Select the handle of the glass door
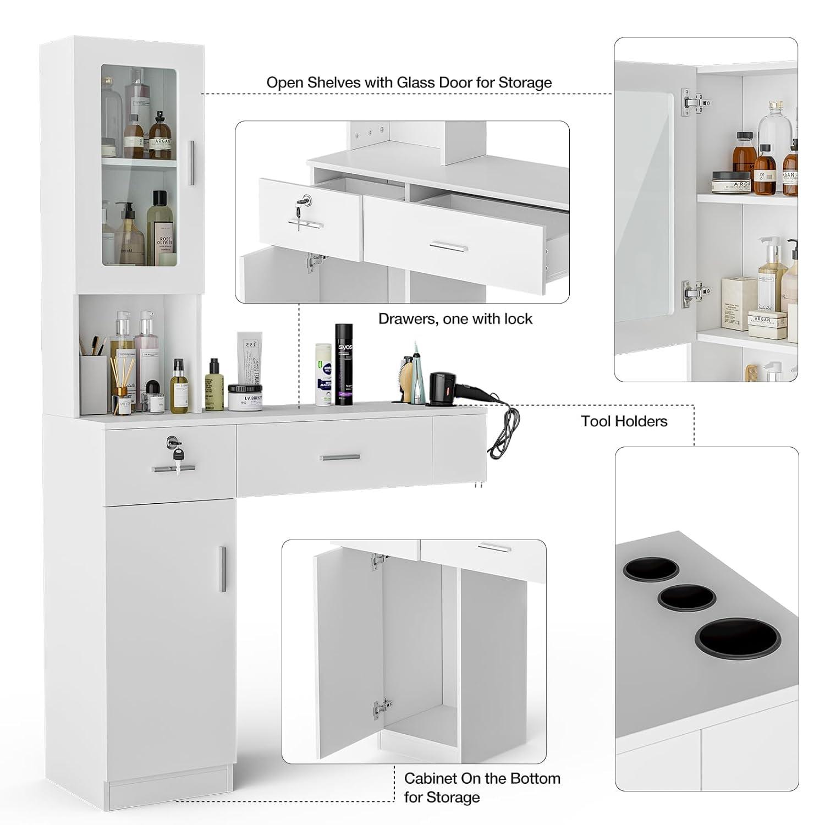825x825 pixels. [191, 163]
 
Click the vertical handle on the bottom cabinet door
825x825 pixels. [222, 569]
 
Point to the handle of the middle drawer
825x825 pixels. [340, 457]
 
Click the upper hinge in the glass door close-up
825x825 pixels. [694, 103]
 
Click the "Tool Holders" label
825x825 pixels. [624, 421]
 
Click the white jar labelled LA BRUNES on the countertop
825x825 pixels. [245, 397]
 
